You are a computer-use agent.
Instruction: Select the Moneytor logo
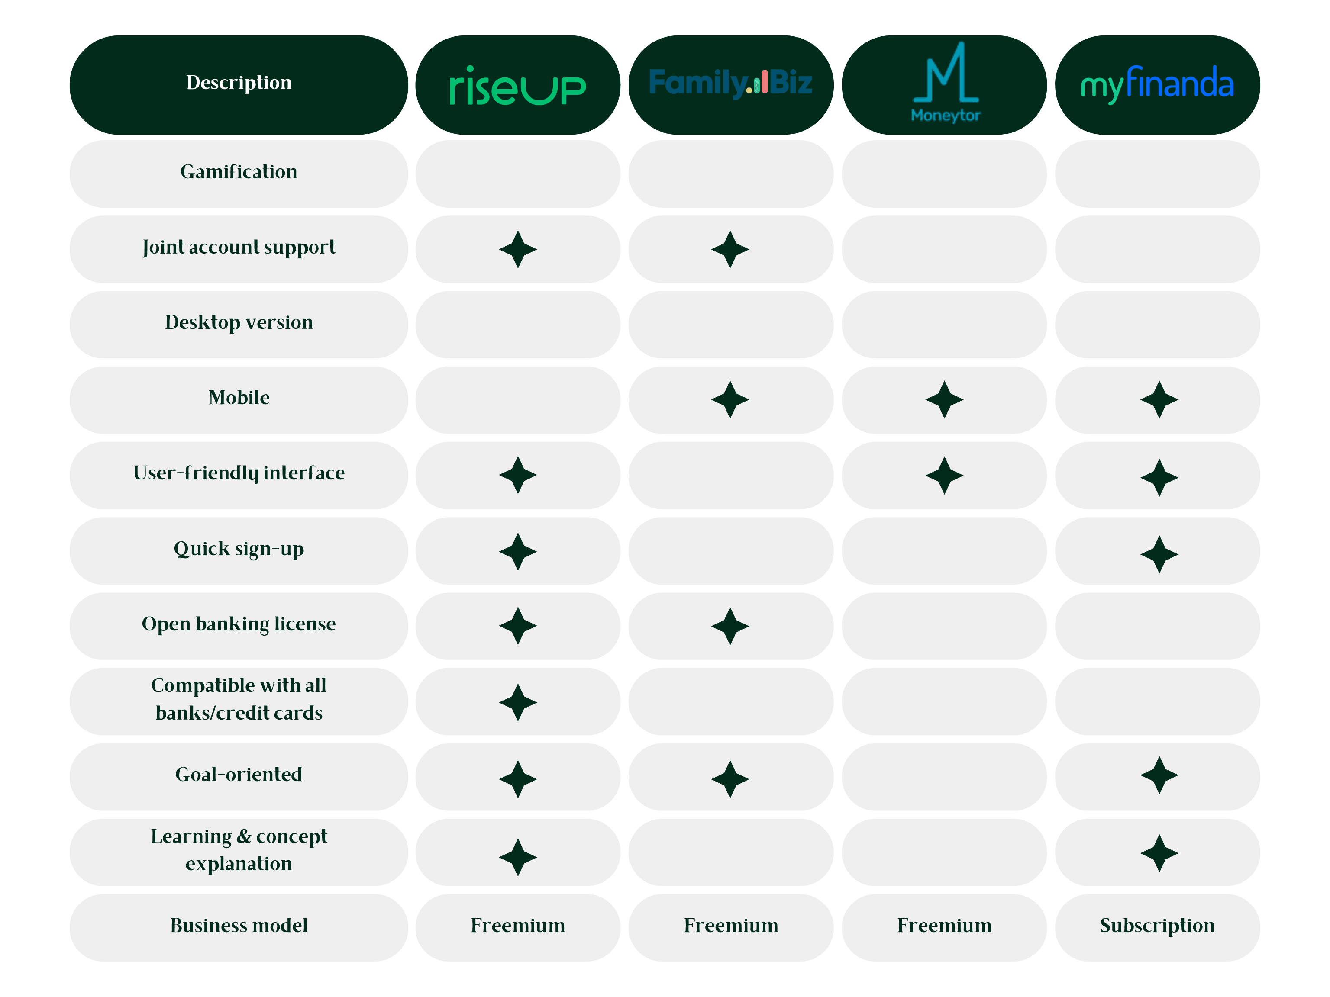click(x=945, y=82)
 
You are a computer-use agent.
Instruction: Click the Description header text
click(x=239, y=82)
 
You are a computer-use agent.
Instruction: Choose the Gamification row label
click(x=239, y=172)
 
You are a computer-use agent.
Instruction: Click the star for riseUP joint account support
click(x=518, y=249)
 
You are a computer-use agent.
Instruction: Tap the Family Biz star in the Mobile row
click(x=730, y=399)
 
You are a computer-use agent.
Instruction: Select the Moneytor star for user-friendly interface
click(x=944, y=475)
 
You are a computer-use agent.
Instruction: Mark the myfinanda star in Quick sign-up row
click(x=1159, y=554)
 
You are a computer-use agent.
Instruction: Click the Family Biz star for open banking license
click(x=730, y=626)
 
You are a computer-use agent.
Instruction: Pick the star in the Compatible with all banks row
click(x=518, y=702)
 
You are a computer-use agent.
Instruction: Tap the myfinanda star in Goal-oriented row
click(x=1159, y=775)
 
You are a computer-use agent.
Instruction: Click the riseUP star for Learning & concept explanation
click(x=518, y=857)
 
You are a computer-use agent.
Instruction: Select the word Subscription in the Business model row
click(x=1157, y=926)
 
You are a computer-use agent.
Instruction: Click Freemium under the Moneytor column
click(x=944, y=926)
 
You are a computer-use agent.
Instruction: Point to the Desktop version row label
click(x=239, y=323)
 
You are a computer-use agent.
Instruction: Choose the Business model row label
click(x=239, y=926)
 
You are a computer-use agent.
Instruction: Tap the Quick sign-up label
click(x=239, y=549)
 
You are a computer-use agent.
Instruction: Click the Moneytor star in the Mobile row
click(x=944, y=399)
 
